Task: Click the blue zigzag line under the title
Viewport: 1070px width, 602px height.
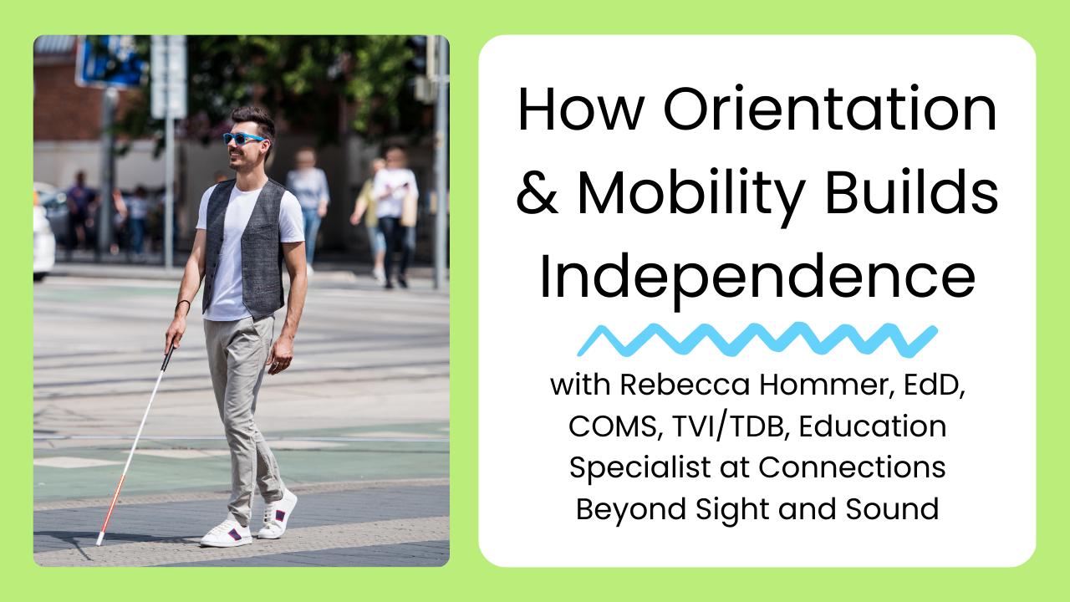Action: [x=757, y=339]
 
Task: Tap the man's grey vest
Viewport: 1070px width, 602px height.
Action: [x=251, y=242]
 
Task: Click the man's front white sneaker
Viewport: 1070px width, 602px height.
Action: [x=226, y=533]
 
